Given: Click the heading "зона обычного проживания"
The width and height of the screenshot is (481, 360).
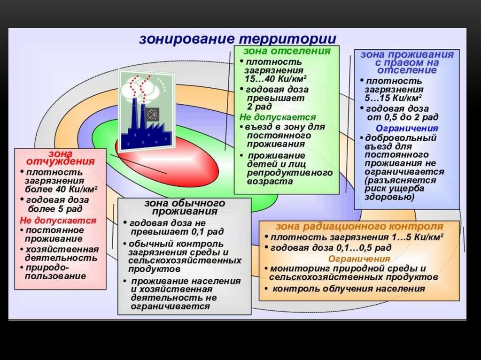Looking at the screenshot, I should (184, 207).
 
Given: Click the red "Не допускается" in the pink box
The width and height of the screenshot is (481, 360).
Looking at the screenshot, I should (58, 220).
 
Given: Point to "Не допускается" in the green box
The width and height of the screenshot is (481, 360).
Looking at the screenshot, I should (278, 117).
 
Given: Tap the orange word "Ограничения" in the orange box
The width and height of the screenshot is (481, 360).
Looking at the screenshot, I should (359, 259).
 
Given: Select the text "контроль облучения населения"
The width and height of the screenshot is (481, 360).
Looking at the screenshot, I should (349, 289).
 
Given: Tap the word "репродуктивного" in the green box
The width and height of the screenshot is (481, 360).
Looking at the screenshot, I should (290, 172).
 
